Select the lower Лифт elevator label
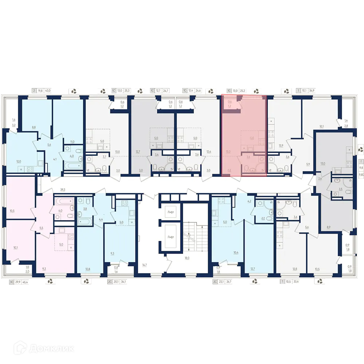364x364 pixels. pyautogui.click(x=171, y=237)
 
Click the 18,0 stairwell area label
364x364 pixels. pyautogui.click(x=187, y=258)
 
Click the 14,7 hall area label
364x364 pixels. pyautogui.click(x=145, y=265)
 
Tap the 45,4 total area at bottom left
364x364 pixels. pyautogui.click(x=26, y=282)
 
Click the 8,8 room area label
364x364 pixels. pyautogui.click(x=34, y=127)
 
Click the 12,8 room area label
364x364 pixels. pyautogui.click(x=294, y=269)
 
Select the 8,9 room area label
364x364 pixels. pyautogui.click(x=328, y=226)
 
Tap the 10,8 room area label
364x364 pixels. pyautogui.click(x=87, y=269)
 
